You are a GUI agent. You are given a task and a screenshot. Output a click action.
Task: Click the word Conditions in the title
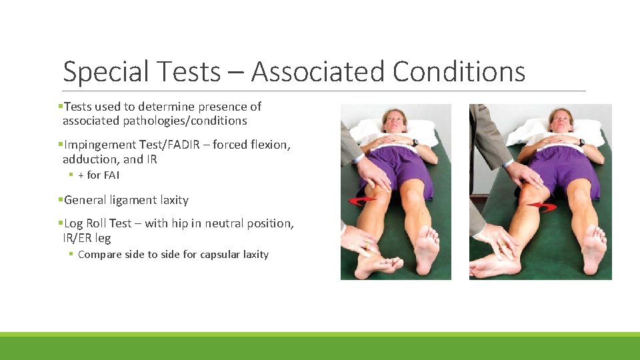pos(459,72)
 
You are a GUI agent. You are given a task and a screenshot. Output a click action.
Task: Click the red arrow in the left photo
pos(362,201)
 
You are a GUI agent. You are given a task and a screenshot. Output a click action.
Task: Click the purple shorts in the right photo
pos(565,167)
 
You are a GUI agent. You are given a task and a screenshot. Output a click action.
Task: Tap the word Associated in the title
pos(317,72)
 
